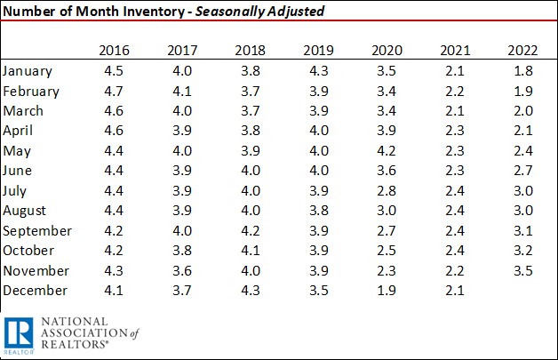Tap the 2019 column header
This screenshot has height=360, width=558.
pos(318,50)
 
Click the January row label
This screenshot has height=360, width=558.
pos(28,70)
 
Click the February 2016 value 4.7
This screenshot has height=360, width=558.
pos(112,91)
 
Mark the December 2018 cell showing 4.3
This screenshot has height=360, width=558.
pos(250,291)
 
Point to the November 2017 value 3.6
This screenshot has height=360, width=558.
pos(180,270)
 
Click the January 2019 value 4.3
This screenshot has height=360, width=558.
pos(318,70)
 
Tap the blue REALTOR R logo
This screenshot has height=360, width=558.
pos(18,335)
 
